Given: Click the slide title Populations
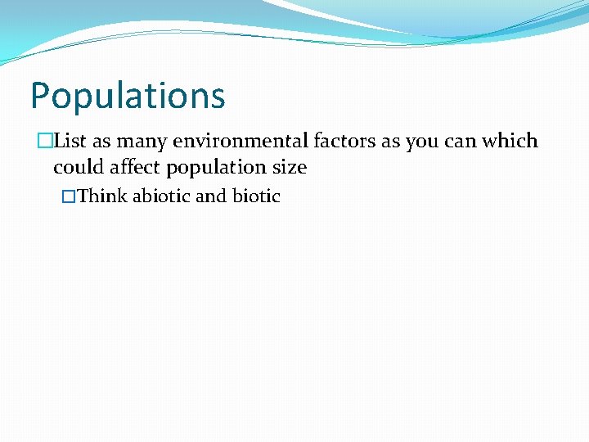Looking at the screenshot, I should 127,97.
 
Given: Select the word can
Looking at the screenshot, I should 461,142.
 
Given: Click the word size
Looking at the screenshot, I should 291,168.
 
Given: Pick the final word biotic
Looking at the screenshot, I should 256,196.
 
